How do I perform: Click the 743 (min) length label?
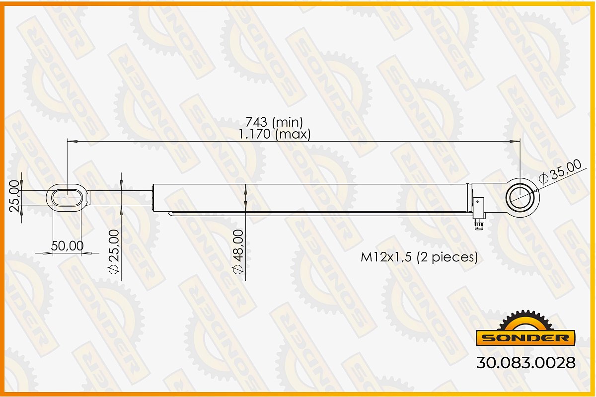[274, 122]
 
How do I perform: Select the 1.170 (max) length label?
[274, 134]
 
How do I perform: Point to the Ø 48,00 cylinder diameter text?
[238, 251]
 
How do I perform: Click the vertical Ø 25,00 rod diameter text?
[114, 251]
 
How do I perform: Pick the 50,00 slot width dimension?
[68, 246]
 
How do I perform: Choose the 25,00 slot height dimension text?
[14, 196]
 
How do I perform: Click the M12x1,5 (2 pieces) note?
[419, 257]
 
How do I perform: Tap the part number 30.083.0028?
[525, 363]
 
